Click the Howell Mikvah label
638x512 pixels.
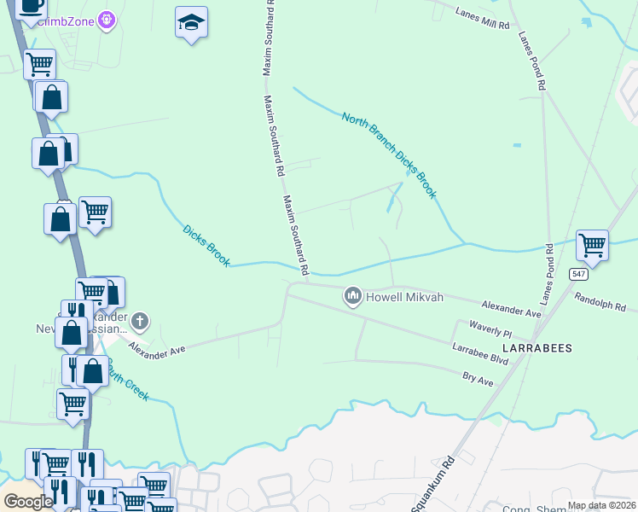(405, 297)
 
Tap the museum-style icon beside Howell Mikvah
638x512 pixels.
(352, 297)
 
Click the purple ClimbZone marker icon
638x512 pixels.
(107, 19)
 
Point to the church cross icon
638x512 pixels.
(141, 322)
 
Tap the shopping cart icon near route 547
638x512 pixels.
(592, 245)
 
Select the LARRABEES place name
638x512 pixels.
(536, 349)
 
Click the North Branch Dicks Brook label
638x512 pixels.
(389, 155)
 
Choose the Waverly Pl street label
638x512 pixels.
(490, 328)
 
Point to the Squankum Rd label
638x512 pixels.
(432, 484)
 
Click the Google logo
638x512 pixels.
(28, 502)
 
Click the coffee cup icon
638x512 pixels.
(31, 6)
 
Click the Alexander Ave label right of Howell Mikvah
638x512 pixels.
(512, 309)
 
